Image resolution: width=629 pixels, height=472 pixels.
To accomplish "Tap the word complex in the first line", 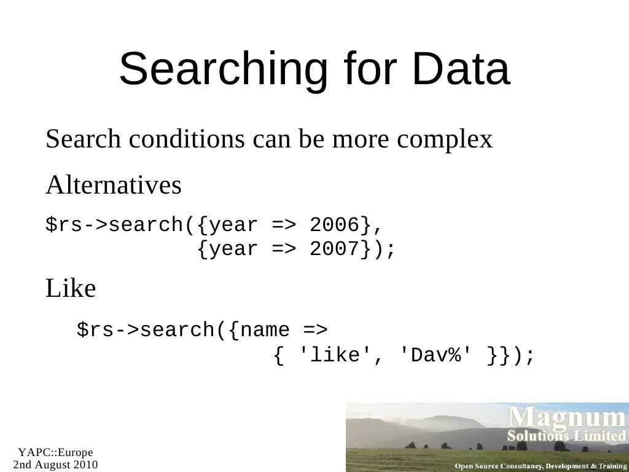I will (x=444, y=140).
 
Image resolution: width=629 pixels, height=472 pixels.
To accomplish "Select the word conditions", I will (x=185, y=140).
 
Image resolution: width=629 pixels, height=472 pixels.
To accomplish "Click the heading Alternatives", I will (x=114, y=184).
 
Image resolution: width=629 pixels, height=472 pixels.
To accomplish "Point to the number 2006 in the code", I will (x=335, y=226).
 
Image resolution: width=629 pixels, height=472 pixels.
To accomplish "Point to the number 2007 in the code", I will (x=335, y=250).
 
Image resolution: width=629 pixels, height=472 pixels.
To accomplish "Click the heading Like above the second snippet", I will (x=71, y=288).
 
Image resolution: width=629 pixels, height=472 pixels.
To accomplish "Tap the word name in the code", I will (x=265, y=330).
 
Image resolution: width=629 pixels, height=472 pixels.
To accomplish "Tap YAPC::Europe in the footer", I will (x=55, y=453).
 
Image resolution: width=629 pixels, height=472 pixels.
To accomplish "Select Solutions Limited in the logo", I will (x=565, y=436).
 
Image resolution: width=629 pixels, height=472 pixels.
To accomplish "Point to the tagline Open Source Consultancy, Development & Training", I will (x=540, y=465).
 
